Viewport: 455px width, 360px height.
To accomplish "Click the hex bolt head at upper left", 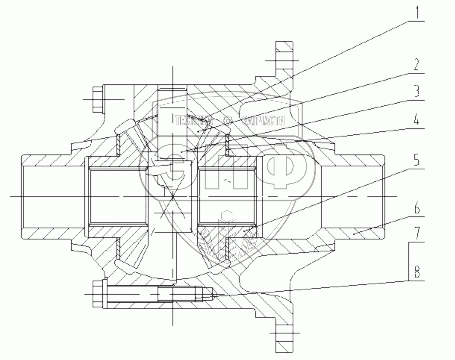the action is click(x=97, y=100).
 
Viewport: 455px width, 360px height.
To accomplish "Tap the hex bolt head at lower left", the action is click(x=97, y=294).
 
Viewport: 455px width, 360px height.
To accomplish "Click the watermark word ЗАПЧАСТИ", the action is click(x=264, y=120).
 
